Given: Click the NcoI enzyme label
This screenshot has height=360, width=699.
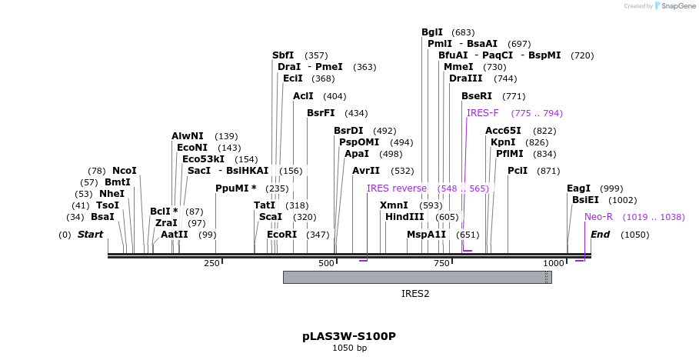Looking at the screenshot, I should point(124,171).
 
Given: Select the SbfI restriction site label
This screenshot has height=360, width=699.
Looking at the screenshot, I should point(283,55).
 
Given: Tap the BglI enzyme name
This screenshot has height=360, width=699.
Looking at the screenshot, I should point(432,32).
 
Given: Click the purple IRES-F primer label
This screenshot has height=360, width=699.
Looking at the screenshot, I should point(483,113).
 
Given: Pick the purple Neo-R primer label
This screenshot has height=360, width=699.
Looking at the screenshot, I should point(599,217).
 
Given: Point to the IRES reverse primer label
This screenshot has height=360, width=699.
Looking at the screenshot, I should point(396,188).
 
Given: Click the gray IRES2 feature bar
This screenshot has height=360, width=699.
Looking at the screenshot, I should point(417,277).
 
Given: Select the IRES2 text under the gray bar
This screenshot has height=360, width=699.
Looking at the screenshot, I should point(415,293).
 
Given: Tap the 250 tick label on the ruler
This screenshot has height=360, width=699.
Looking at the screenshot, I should point(211,264).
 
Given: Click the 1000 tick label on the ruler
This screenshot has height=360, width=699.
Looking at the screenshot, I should point(554,264).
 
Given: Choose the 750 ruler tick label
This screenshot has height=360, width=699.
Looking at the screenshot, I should point(441,264).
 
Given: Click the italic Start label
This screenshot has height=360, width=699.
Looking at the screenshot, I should point(90,234).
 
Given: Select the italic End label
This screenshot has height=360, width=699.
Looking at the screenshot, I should point(600,234).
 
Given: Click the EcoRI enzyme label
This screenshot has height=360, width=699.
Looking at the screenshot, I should point(281,234).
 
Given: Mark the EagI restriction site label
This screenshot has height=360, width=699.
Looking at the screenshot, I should point(578,188).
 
